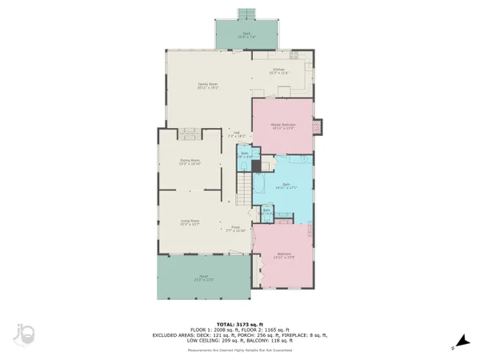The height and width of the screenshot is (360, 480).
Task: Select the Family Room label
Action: coord(209,86)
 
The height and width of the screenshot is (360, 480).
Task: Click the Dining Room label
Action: coord(190,162)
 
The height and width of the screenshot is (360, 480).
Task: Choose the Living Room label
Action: coord(190,222)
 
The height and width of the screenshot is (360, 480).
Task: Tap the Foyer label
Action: coord(236,228)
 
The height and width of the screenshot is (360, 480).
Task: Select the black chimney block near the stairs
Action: coord(257,168)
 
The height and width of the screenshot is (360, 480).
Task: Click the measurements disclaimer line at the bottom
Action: coord(240,350)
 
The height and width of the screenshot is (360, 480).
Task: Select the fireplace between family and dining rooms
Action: coord(190,133)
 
